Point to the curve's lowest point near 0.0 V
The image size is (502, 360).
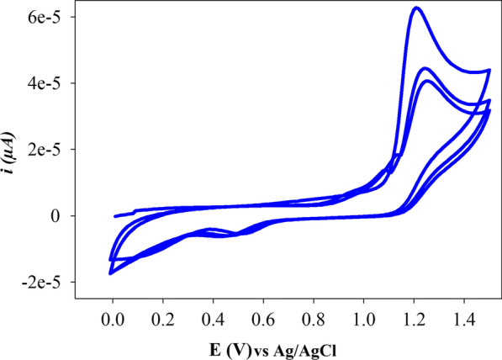(x=111, y=273)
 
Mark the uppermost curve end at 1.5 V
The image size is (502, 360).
(x=489, y=71)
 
